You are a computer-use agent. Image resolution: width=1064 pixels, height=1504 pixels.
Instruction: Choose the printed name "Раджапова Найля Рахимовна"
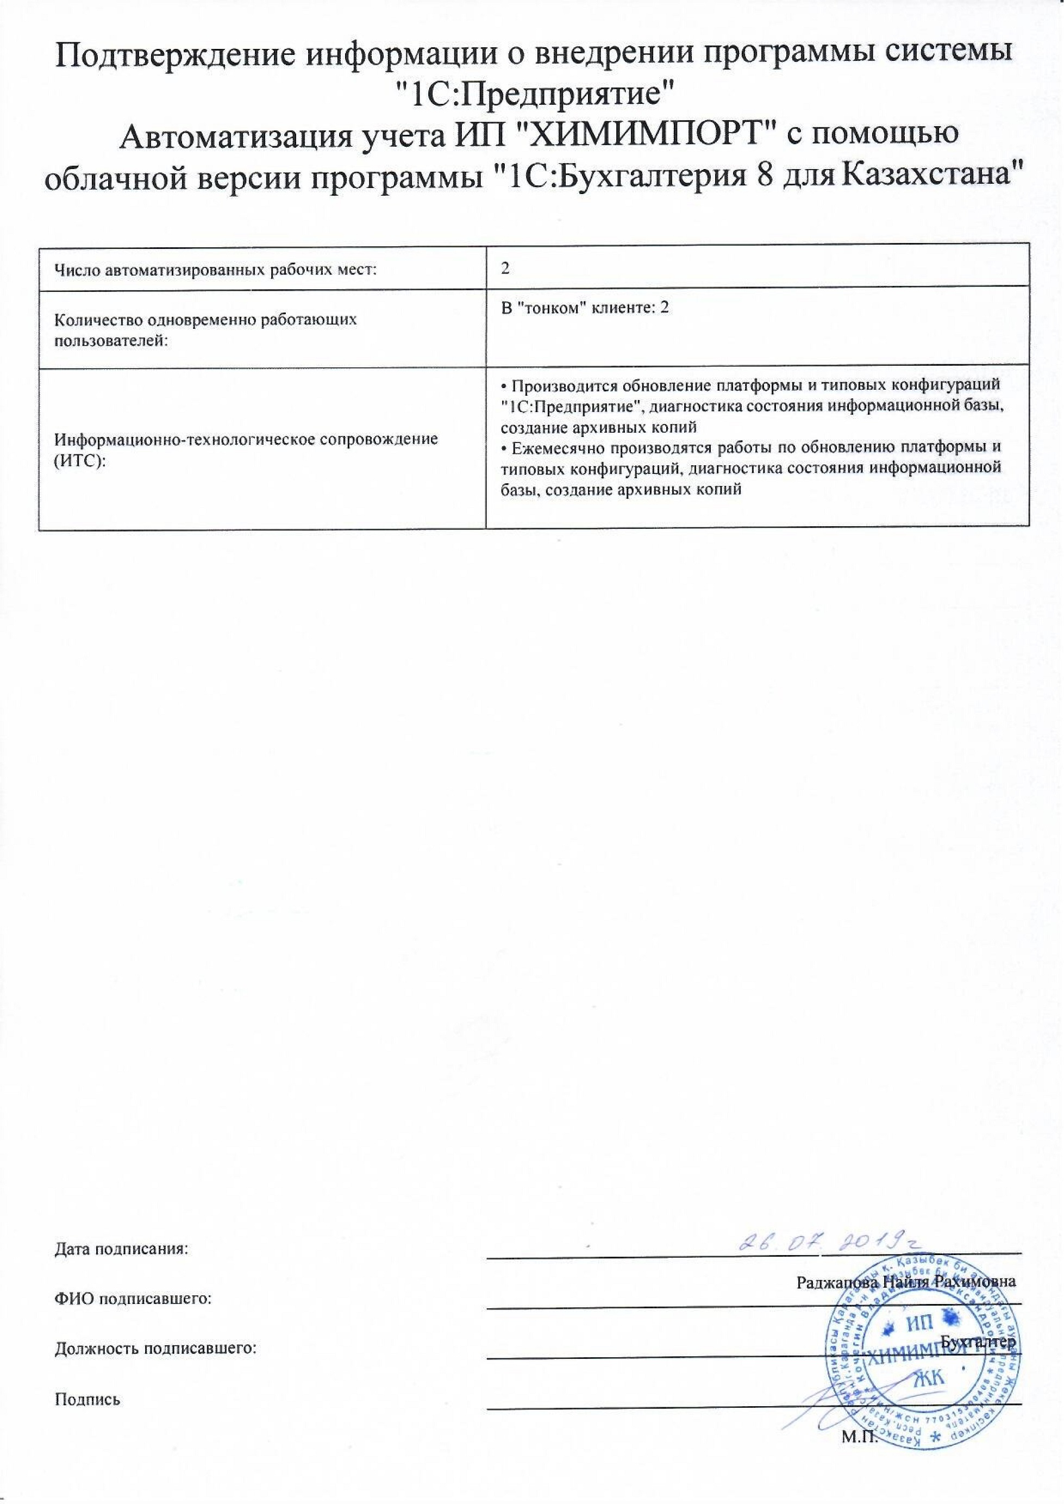(x=906, y=1282)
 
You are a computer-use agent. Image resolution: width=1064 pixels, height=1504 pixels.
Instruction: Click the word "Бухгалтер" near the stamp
(x=978, y=1341)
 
